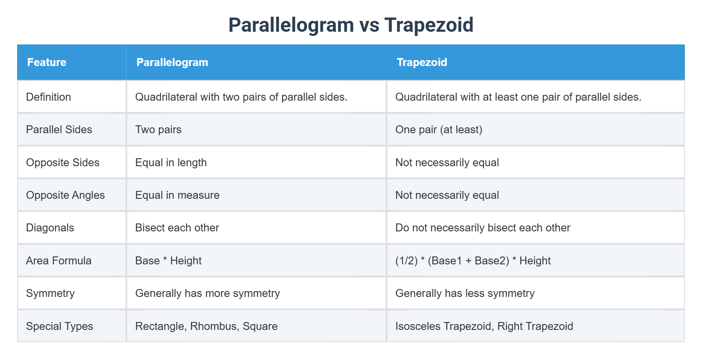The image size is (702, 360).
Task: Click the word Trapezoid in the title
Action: click(x=429, y=25)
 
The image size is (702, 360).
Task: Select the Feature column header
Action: click(x=47, y=62)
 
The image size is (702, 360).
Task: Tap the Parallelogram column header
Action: click(x=172, y=62)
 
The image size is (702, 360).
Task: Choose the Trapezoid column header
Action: click(x=422, y=62)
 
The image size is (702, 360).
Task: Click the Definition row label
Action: click(x=48, y=97)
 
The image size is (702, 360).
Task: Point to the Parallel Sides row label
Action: click(x=59, y=129)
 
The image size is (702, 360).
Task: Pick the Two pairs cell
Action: click(x=158, y=129)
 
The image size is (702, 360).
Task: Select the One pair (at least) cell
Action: click(x=439, y=129)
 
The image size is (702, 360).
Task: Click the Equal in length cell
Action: click(x=171, y=162)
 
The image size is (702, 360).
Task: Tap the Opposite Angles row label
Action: click(x=65, y=195)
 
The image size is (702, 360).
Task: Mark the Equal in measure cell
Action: click(x=177, y=195)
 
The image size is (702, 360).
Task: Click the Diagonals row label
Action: click(x=50, y=228)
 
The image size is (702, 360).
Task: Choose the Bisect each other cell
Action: click(x=177, y=228)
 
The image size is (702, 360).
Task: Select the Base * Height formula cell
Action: click(x=168, y=261)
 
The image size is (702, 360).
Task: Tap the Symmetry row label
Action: click(x=50, y=293)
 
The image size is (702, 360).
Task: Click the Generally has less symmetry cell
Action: click(x=465, y=293)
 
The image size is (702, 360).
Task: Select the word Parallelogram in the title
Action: click(x=291, y=25)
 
